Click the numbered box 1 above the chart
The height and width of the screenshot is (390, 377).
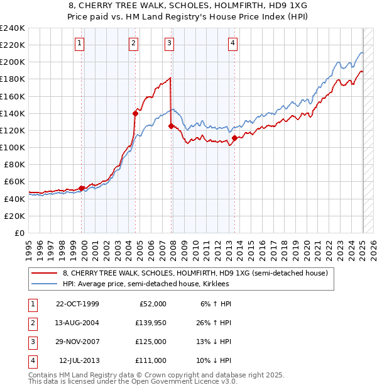click(x=80, y=43)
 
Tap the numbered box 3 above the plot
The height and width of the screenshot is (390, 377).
click(x=170, y=43)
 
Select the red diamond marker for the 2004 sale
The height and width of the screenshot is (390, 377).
click(x=135, y=113)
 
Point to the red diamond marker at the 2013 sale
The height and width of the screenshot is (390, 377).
click(x=234, y=138)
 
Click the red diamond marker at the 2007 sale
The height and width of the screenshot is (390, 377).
click(x=171, y=126)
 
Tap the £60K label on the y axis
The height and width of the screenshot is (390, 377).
click(x=14, y=181)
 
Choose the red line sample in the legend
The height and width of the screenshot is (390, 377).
click(x=44, y=274)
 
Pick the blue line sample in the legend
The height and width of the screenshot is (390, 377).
click(x=44, y=284)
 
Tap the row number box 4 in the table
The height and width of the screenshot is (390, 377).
click(x=31, y=360)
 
